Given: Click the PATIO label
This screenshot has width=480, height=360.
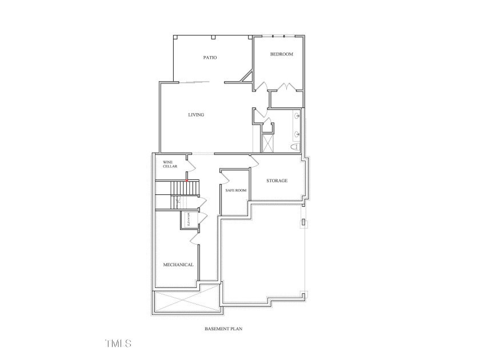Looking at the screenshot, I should (210, 58).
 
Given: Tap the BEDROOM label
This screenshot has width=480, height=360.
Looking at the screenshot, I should (282, 54).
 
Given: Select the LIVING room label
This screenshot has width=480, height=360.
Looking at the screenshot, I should (196, 115).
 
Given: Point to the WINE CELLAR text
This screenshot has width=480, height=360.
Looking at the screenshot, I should (170, 164).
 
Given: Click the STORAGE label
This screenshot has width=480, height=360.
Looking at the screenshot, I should (277, 181).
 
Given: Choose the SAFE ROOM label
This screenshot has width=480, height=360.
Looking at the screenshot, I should (235, 190).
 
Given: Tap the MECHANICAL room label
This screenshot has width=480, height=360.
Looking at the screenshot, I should (178, 265).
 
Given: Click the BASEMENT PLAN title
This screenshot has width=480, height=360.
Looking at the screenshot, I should (224, 329).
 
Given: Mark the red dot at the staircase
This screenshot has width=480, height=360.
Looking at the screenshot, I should (186, 181).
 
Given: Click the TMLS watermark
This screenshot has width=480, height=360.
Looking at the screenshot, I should (118, 343).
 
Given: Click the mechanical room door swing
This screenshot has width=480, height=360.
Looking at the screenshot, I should (195, 237).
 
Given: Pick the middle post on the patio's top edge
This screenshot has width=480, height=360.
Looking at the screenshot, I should (213, 38).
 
